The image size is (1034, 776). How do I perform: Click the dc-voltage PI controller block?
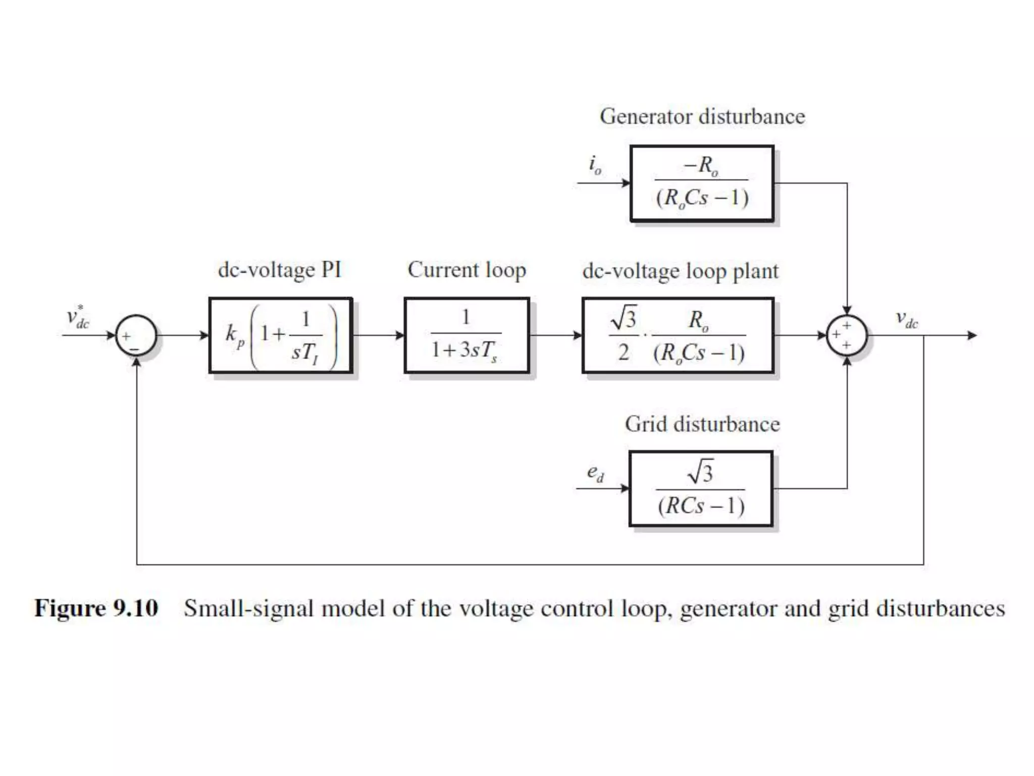click(x=281, y=335)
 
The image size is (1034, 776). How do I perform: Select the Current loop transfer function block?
click(x=467, y=335)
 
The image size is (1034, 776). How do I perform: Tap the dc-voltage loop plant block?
click(x=678, y=335)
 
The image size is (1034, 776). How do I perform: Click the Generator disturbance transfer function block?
click(x=702, y=183)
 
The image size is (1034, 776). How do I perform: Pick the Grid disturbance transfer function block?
click(x=701, y=489)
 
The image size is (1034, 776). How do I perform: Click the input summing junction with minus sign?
click(x=136, y=335)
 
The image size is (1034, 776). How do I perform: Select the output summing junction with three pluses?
click(x=847, y=335)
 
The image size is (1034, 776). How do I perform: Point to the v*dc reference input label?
click(x=77, y=317)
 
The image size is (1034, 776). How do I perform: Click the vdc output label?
click(x=907, y=319)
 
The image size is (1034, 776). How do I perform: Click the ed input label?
click(x=595, y=473)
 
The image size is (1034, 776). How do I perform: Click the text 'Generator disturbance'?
click(x=702, y=117)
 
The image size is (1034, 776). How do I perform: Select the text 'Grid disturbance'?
click(x=702, y=424)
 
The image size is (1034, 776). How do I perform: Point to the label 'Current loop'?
click(x=467, y=270)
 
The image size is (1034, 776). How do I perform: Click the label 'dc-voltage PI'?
click(x=279, y=270)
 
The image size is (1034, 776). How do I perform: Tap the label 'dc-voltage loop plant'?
click(x=680, y=271)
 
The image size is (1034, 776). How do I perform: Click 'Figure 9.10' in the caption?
click(x=96, y=608)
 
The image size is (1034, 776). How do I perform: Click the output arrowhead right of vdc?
click(x=972, y=335)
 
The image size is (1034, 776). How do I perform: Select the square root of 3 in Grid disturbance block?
click(x=701, y=472)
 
